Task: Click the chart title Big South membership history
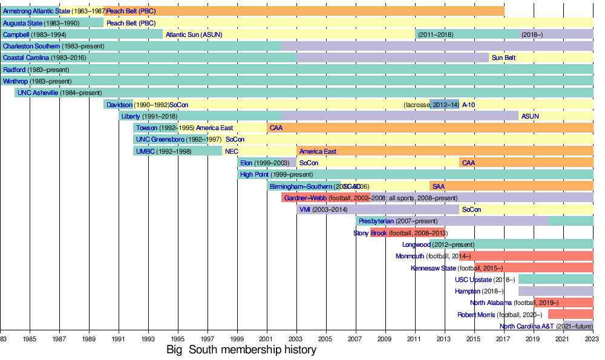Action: pos(241,350)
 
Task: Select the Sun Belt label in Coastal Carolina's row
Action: pos(503,57)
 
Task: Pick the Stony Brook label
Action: pos(370,233)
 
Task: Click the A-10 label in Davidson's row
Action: pos(468,104)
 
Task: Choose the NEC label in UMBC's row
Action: pos(232,151)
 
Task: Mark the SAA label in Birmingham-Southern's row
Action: pos(439,186)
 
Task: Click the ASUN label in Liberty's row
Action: pos(530,116)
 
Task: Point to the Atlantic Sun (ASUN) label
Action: pos(194,34)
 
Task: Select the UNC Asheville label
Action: pos(38,93)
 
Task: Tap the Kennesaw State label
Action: pos(433,268)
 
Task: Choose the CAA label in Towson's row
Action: pos(276,128)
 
